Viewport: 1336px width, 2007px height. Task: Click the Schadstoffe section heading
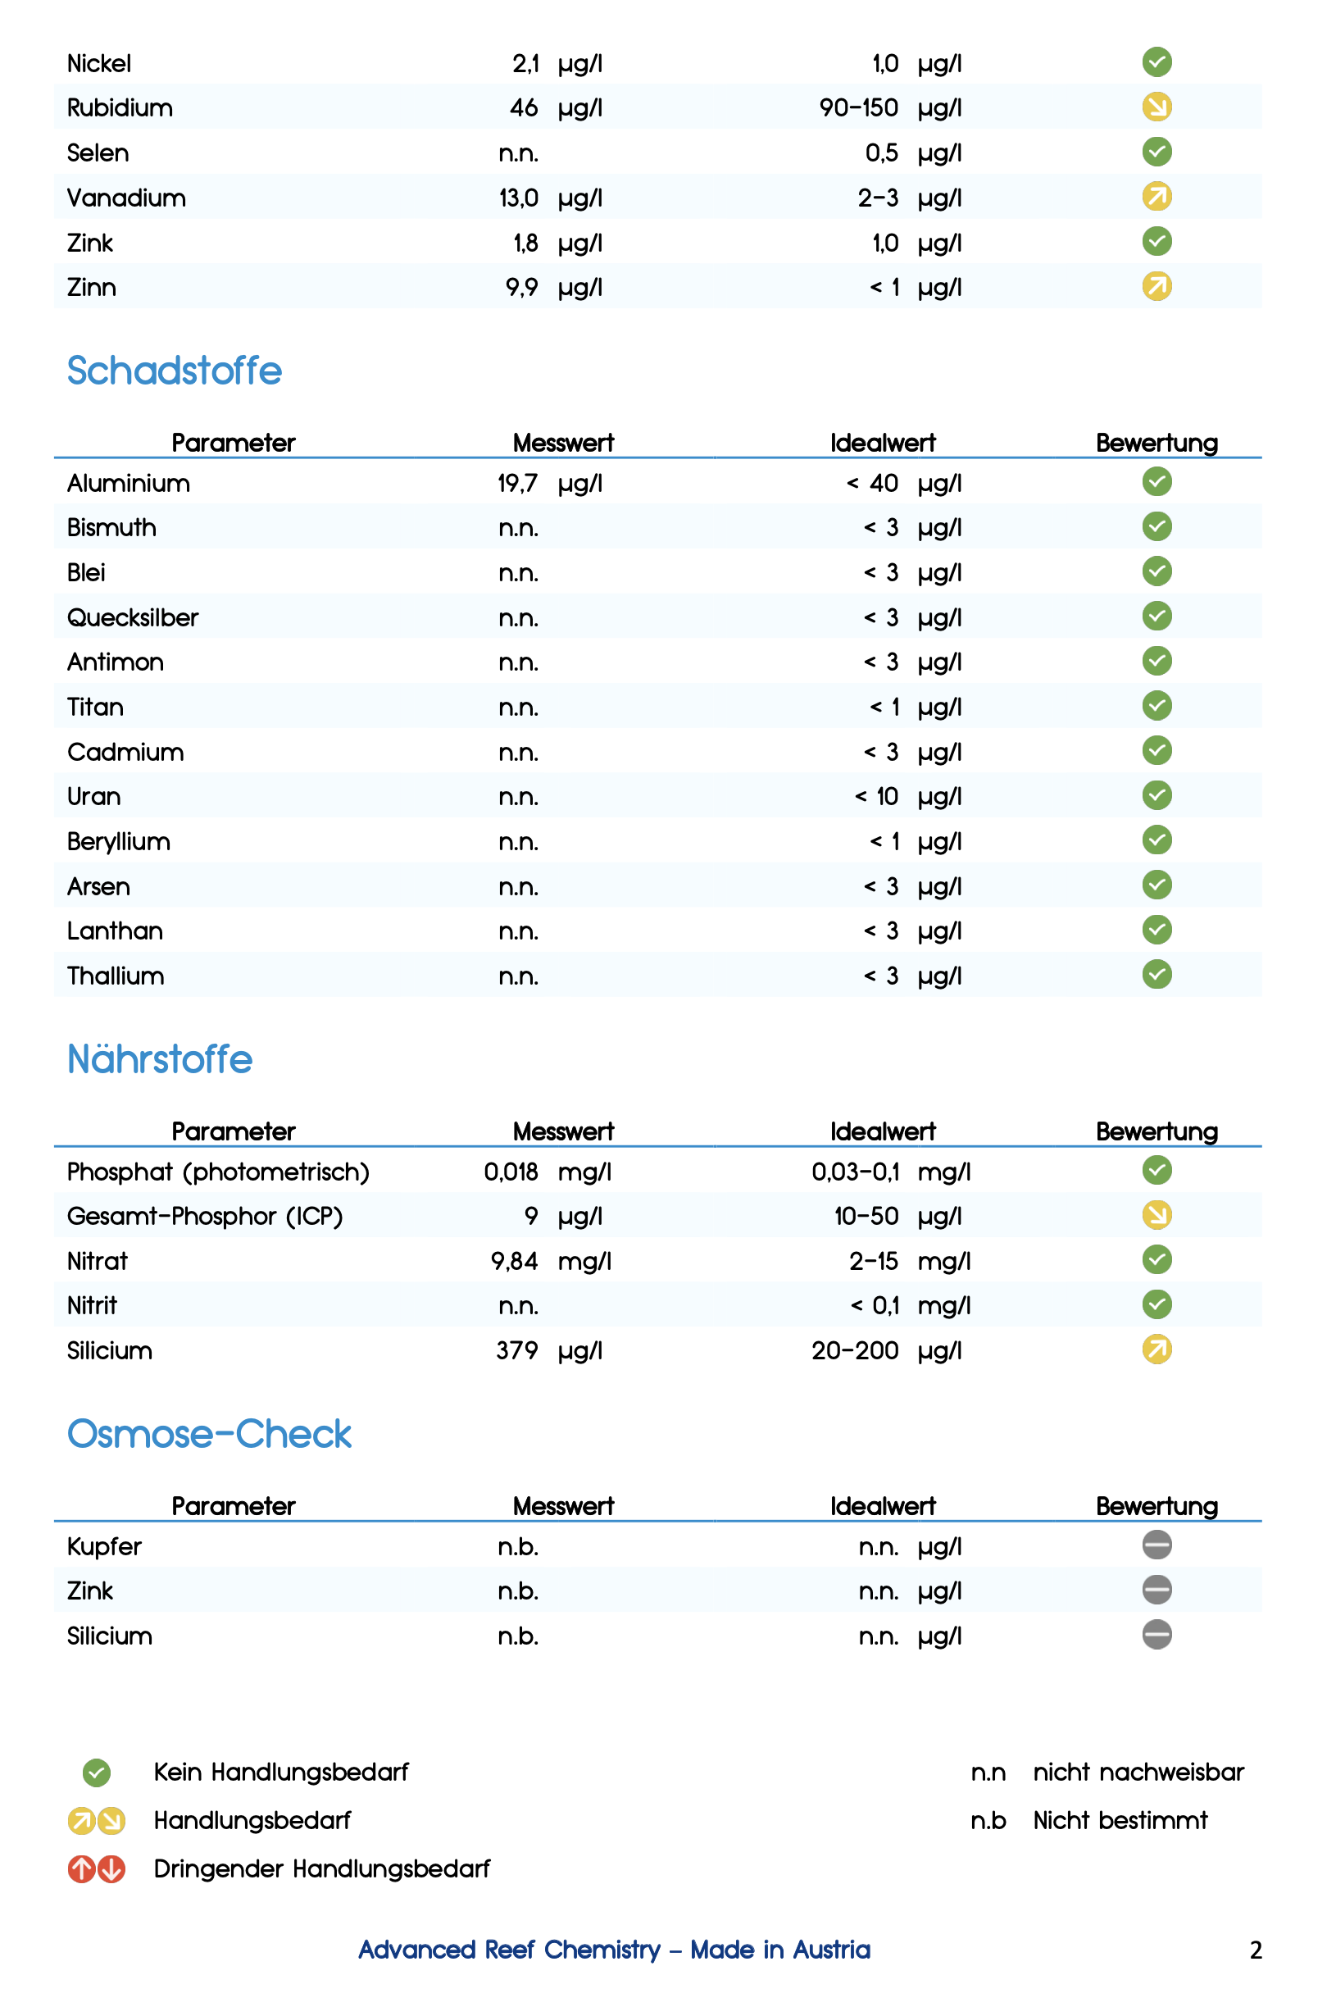pyautogui.click(x=174, y=371)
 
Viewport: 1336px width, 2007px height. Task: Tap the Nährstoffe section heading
pyautogui.click(x=159, y=1059)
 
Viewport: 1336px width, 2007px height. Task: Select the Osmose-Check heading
pyautogui.click(x=209, y=1433)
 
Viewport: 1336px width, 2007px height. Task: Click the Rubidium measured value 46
pyautogui.click(x=523, y=108)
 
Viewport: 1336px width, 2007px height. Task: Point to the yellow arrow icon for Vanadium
pyautogui.click(x=1157, y=197)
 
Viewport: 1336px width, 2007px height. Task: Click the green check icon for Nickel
pyautogui.click(x=1157, y=62)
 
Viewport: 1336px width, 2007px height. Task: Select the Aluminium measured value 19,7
pyautogui.click(x=517, y=483)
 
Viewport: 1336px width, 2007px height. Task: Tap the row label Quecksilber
pyautogui.click(x=132, y=617)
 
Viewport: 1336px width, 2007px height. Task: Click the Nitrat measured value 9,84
pyautogui.click(x=514, y=1260)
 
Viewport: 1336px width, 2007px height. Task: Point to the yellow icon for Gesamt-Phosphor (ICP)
pyautogui.click(x=1157, y=1214)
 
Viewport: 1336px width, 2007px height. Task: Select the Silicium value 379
pyautogui.click(x=516, y=1350)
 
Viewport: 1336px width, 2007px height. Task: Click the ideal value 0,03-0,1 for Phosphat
pyautogui.click(x=855, y=1172)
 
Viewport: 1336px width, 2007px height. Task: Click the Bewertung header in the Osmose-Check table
pyautogui.click(x=1157, y=1506)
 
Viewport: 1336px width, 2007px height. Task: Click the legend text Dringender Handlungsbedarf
pyautogui.click(x=321, y=1868)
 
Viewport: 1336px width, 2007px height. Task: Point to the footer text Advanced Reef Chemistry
pyautogui.click(x=509, y=1949)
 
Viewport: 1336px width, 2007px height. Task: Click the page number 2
pyautogui.click(x=1255, y=1950)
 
